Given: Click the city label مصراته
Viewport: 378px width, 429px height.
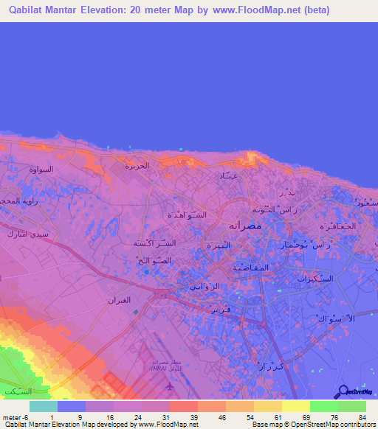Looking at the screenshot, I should coord(244,223).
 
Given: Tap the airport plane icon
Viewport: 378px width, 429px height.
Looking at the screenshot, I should coord(171,386).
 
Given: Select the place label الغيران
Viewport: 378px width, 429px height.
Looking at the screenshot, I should coord(120,301).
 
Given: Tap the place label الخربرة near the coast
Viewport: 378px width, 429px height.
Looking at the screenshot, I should coord(136,166).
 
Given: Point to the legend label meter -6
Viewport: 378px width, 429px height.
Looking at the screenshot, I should coord(16,417).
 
